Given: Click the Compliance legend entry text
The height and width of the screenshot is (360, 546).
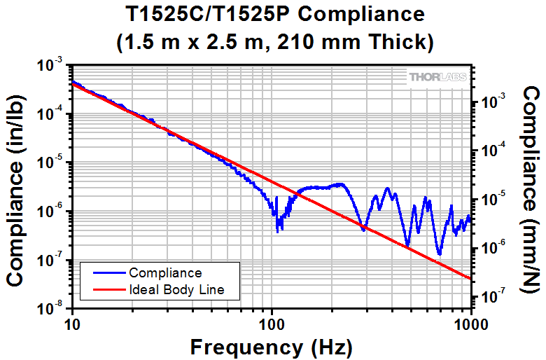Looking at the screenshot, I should [165, 273].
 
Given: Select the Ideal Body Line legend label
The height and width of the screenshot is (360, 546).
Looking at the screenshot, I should [175, 289].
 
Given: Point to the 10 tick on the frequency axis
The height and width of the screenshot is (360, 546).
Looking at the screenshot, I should [71, 323].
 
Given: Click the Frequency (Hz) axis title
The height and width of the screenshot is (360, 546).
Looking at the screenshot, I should [271, 347].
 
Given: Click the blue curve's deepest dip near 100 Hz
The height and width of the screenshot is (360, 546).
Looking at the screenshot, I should [279, 230].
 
